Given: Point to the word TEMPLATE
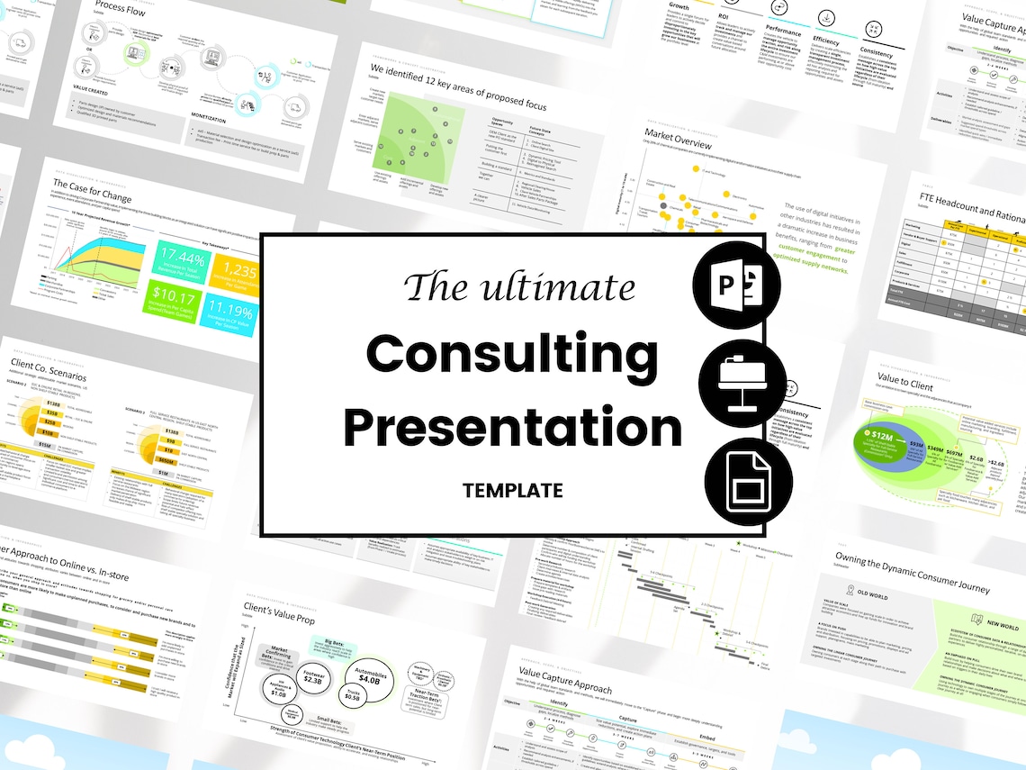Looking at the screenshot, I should point(512,491).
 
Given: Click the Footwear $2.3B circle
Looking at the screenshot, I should point(314,677).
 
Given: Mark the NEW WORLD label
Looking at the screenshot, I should point(1002,624).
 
